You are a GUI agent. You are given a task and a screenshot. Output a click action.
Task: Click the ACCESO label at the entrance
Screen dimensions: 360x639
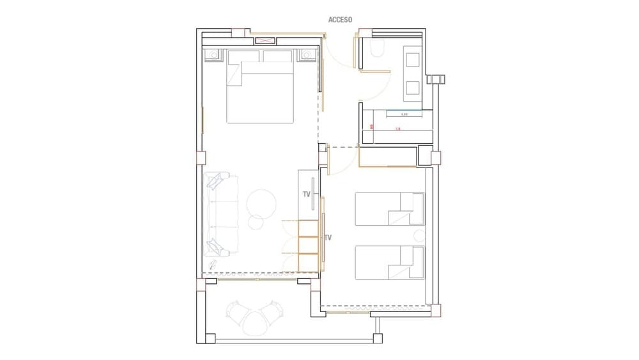coord(340,20)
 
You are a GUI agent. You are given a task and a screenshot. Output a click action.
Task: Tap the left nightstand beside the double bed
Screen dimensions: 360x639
coord(213,55)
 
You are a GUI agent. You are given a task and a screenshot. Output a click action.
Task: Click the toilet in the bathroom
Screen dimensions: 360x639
coord(377,49)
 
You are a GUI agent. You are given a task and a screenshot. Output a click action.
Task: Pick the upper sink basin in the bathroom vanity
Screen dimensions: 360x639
coord(412,59)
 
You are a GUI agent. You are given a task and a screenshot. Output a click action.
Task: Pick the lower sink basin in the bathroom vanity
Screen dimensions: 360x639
coord(412,88)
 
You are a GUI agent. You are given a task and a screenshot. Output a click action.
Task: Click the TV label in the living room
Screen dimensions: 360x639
coord(306,194)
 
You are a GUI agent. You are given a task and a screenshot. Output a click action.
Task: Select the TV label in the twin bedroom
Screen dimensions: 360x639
coord(328,237)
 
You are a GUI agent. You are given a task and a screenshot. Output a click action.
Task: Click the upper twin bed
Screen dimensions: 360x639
coord(390,208)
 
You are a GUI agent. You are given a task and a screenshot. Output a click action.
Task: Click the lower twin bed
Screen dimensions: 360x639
coord(390,263)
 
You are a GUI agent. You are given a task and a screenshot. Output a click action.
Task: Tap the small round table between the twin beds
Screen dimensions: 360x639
coord(419,235)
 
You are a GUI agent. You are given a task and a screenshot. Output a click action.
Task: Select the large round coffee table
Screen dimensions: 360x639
coord(261,204)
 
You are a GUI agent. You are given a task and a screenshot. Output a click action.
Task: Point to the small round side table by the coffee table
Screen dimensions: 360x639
coord(256,223)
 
